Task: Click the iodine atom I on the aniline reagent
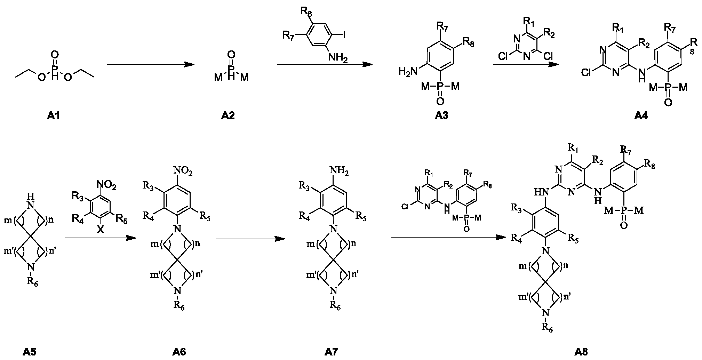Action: point(345,35)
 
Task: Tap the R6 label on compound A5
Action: point(32,282)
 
